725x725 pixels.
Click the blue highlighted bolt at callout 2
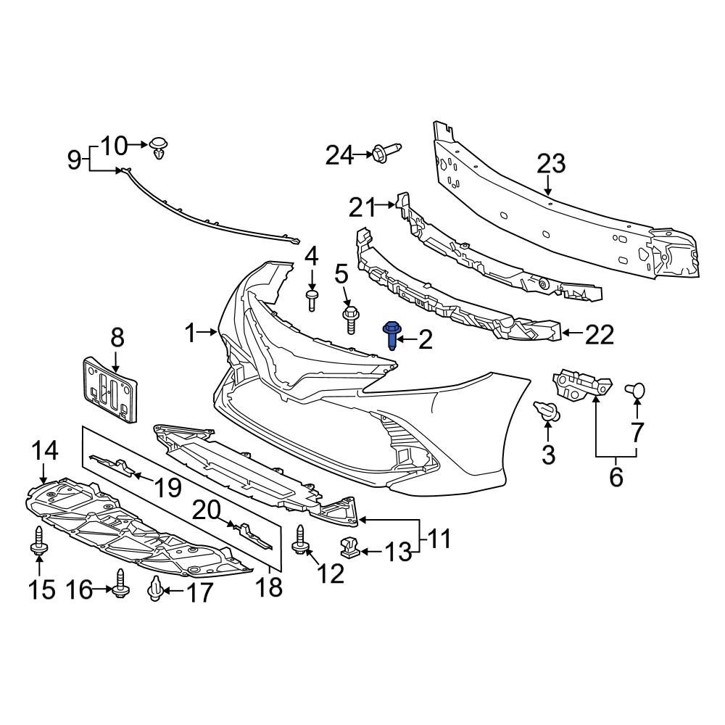click(x=391, y=335)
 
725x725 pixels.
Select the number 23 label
click(x=550, y=164)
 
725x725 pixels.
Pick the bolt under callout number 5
click(x=349, y=318)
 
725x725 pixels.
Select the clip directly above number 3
click(x=547, y=411)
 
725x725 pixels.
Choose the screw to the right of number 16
click(x=120, y=582)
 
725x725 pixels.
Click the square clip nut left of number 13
click(x=349, y=548)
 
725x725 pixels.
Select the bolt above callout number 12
click(x=300, y=541)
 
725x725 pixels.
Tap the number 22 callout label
click(x=599, y=334)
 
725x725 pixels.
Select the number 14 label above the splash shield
click(x=44, y=452)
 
